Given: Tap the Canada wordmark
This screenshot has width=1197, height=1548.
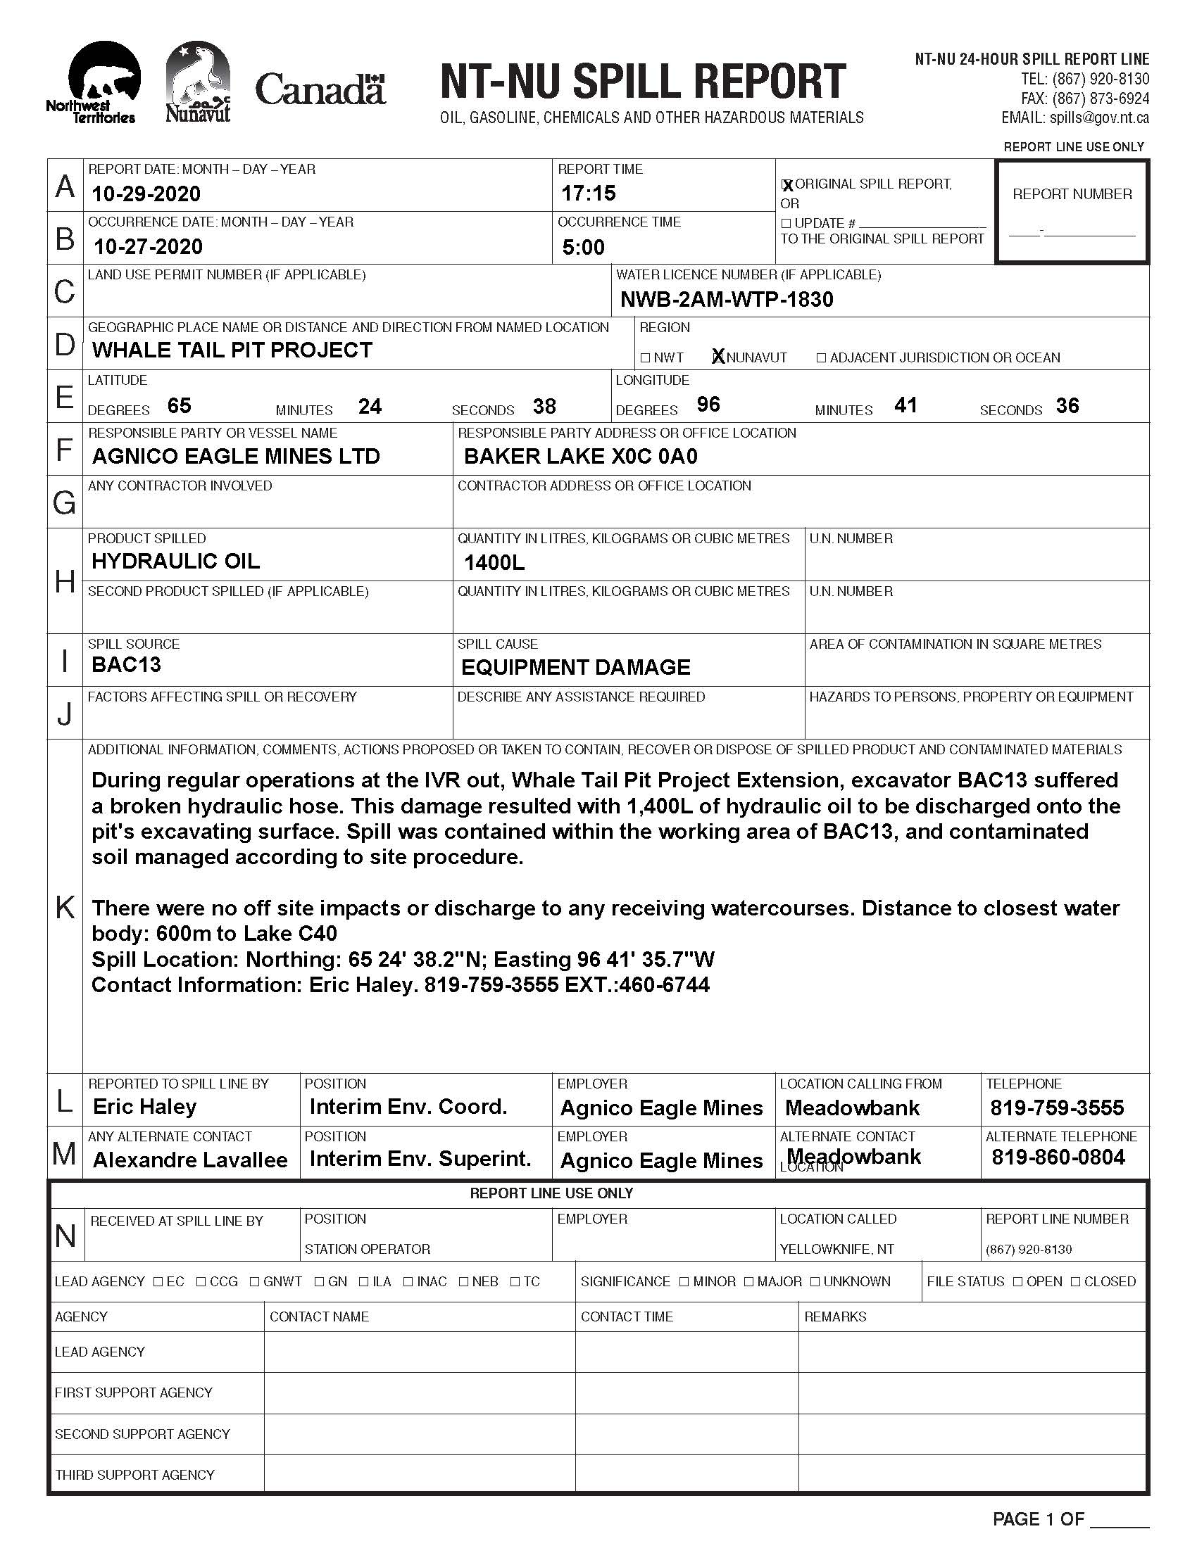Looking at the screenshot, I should (320, 90).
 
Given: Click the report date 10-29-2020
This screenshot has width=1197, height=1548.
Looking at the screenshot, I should (146, 194).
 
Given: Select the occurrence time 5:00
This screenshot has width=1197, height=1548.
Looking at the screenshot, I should (584, 248).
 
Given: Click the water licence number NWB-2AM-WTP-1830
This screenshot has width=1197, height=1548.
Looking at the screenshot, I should (727, 300).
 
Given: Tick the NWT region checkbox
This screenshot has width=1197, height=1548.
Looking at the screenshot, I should (645, 358).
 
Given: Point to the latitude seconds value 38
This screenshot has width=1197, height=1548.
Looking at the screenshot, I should (544, 407).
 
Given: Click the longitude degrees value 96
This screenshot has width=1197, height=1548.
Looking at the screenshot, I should (708, 405).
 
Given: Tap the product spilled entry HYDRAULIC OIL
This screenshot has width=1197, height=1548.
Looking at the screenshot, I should (176, 562).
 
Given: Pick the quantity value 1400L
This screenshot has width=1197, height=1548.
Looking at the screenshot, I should (494, 564).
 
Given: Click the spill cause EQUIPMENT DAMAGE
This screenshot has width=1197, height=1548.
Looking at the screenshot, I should (576, 668).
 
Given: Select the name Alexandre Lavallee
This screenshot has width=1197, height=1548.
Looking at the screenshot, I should (190, 1160).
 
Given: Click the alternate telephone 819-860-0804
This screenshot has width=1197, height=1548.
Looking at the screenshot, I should (1059, 1158).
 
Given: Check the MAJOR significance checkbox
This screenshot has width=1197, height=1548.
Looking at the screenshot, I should (750, 1281).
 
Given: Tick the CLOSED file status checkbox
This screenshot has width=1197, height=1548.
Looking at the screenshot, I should (1076, 1281).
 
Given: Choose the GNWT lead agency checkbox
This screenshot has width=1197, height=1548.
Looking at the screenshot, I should (255, 1281).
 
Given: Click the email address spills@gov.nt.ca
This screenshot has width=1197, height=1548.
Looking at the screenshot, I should (1099, 118).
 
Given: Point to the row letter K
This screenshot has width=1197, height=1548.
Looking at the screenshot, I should (65, 907).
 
